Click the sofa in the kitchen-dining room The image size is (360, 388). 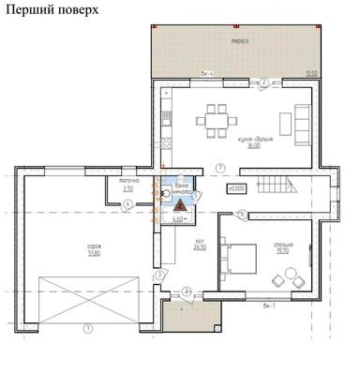[303, 120]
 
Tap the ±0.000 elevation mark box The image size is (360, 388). [236, 187]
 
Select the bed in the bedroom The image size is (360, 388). [245, 258]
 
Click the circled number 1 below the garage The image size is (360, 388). [87, 328]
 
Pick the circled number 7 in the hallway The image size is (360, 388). [219, 167]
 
